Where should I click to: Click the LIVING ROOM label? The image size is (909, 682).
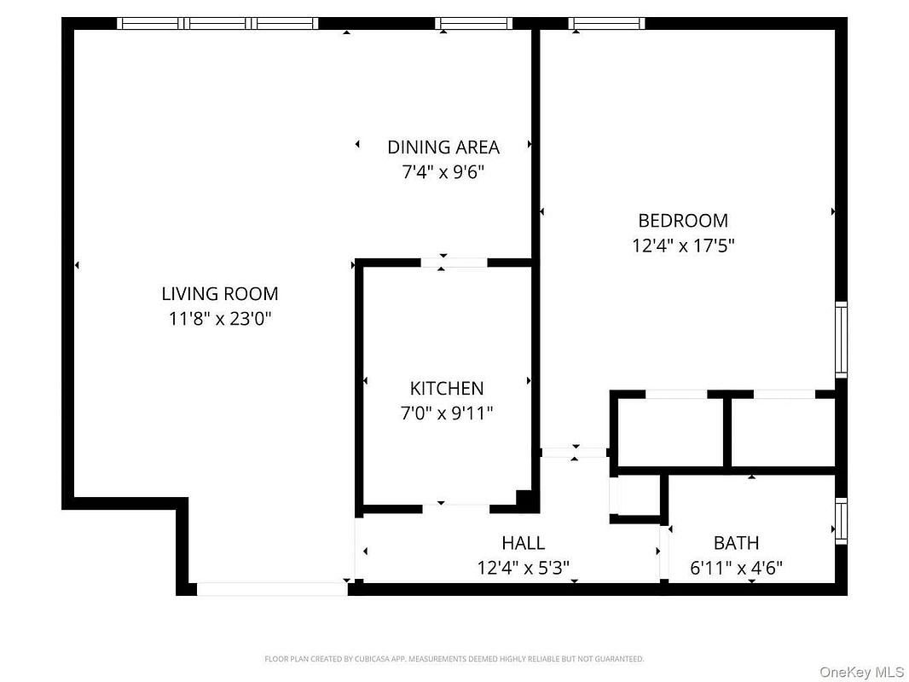coord(220,294)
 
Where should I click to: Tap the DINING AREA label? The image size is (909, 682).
coord(443,147)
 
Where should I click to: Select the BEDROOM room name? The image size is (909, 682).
coord(683,221)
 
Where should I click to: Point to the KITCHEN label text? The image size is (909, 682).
coord(446,388)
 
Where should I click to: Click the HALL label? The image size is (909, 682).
coord(523,543)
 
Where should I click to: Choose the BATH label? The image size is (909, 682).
coord(736,543)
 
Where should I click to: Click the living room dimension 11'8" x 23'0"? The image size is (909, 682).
coord(220,319)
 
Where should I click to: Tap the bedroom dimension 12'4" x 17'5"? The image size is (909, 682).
coord(683,246)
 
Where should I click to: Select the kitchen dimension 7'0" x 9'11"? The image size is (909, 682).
coord(446,413)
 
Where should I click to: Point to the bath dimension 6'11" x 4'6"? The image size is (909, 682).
coord(736,568)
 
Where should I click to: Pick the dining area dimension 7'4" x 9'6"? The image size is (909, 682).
coord(443,172)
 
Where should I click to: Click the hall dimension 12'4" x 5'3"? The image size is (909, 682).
coord(523,568)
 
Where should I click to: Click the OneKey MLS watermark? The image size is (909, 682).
coord(861,672)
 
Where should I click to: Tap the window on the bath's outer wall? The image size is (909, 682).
coord(841,521)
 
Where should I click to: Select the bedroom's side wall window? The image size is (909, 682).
coord(841,339)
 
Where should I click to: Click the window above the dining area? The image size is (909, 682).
coord(473,23)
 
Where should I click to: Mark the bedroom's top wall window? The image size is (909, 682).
coord(606,23)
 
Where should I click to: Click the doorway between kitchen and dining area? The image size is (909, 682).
coord(454,263)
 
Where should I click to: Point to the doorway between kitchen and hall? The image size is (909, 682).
coord(456,509)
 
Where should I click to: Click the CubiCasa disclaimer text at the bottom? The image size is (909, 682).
coord(454,659)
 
